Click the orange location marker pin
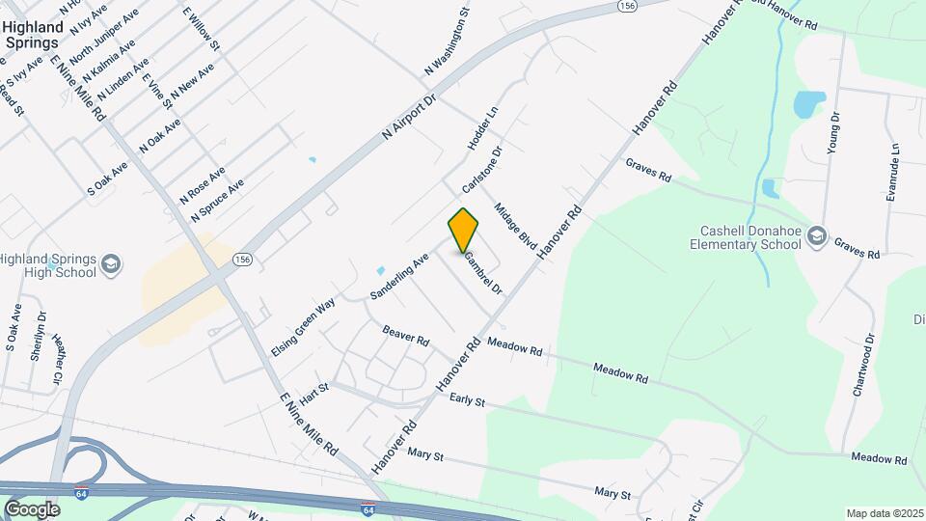(464, 231)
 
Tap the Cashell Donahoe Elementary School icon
(817, 236)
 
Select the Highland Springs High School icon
(111, 264)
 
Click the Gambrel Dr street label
(482, 273)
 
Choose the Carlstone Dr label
(483, 170)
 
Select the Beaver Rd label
(405, 335)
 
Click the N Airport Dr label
(410, 117)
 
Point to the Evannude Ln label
(892, 173)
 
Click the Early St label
(466, 398)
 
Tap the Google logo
(32, 509)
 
